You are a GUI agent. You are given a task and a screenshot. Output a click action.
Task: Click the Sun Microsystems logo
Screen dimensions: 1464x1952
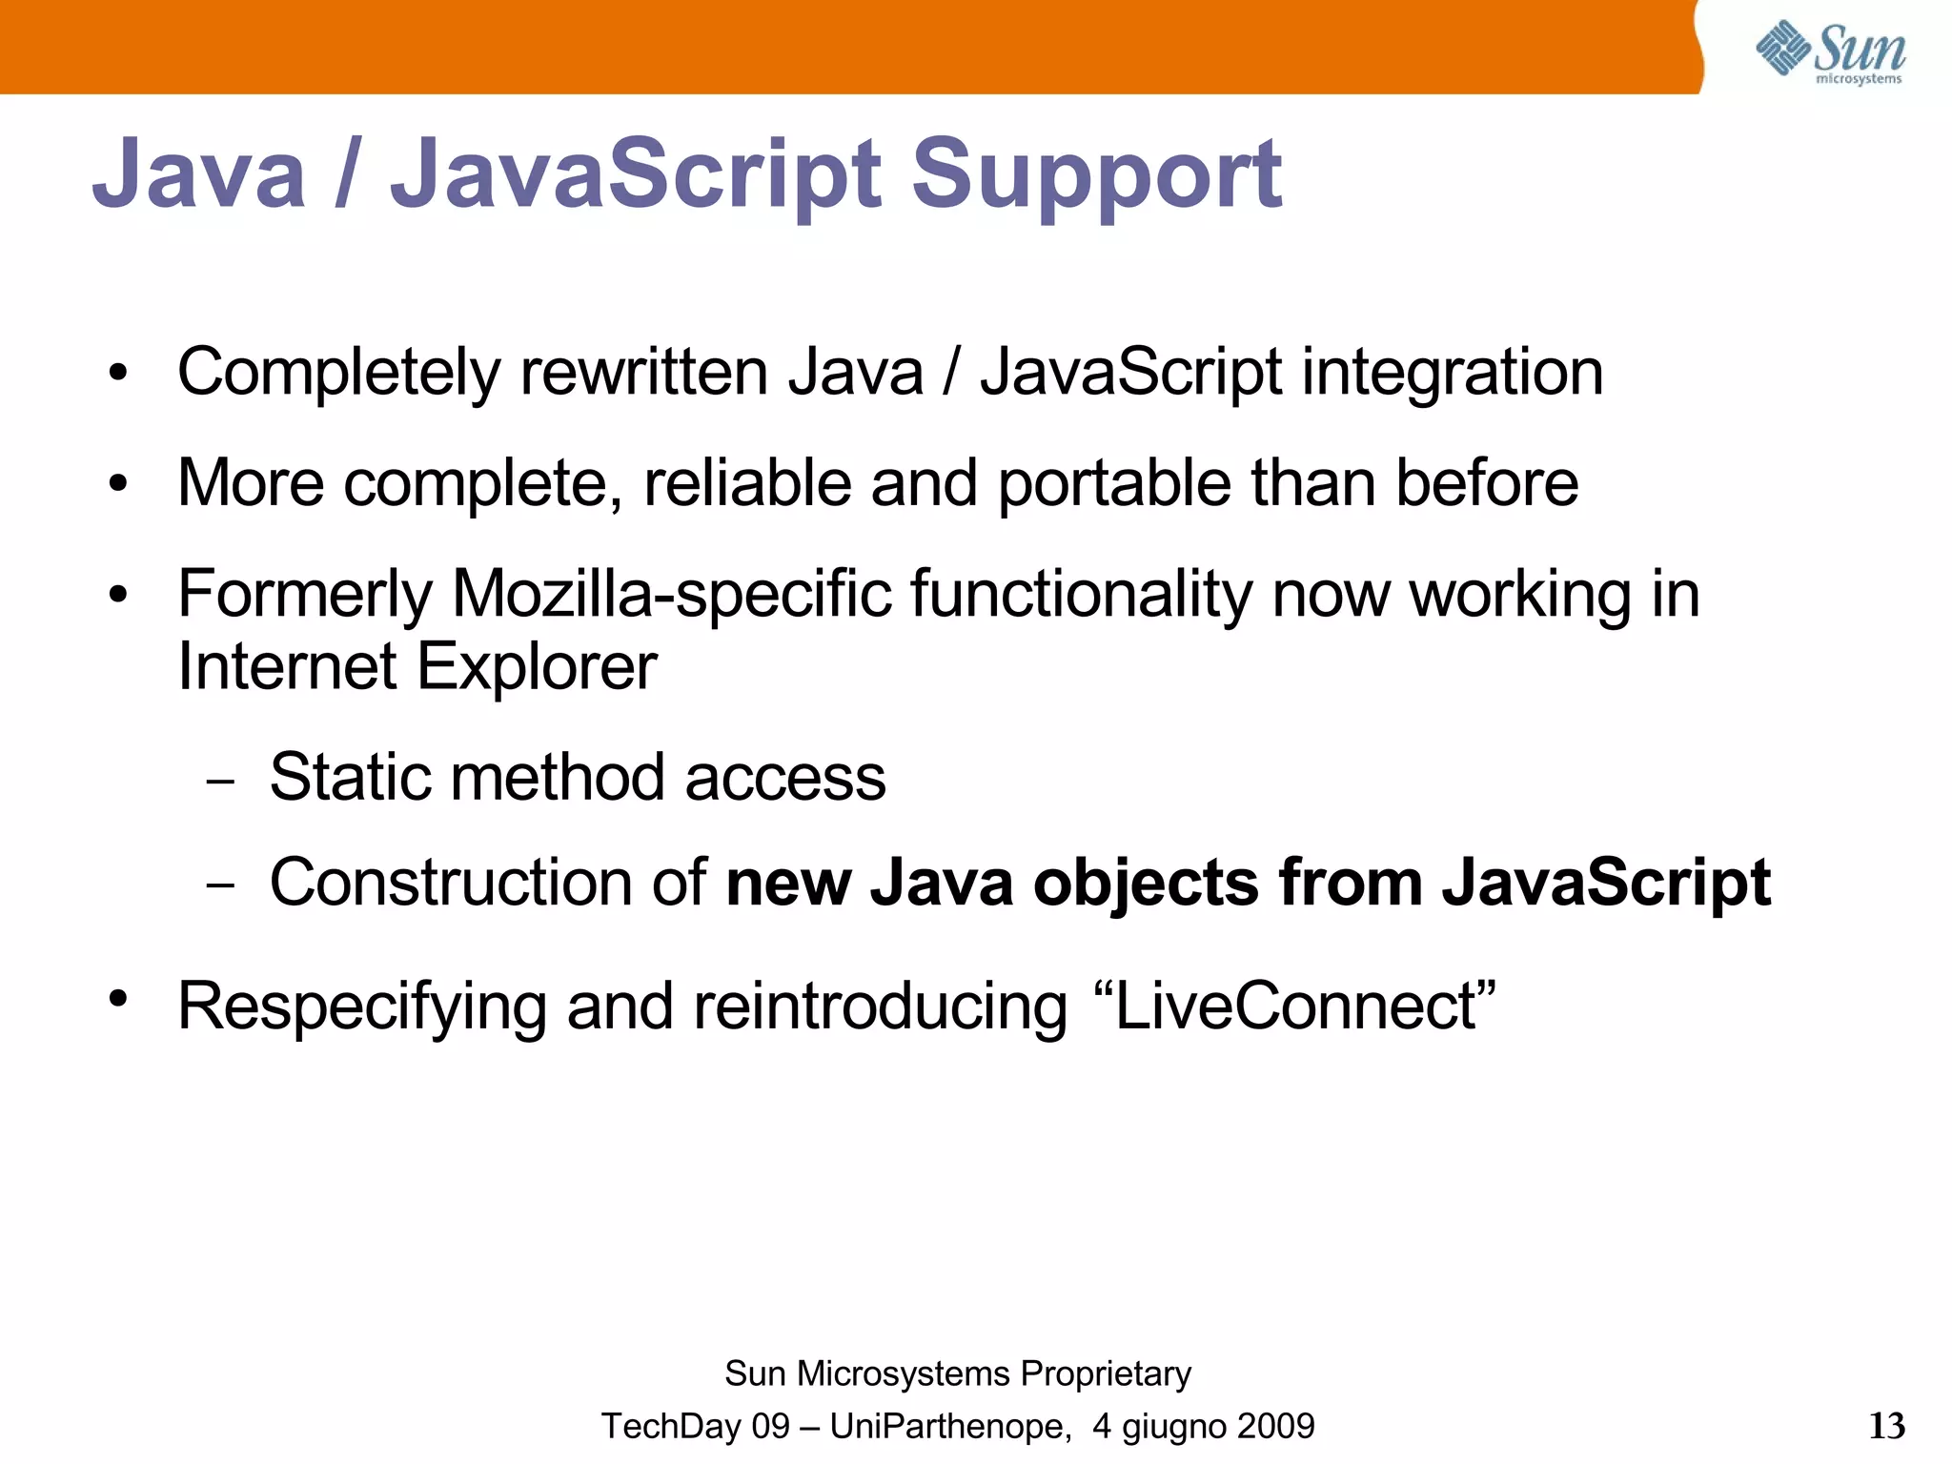click(1830, 52)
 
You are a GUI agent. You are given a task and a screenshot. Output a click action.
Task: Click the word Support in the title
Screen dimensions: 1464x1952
click(1096, 176)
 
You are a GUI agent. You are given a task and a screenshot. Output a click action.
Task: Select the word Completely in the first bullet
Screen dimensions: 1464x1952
click(338, 373)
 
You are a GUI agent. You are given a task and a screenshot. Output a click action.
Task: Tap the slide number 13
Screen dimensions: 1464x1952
click(1886, 1426)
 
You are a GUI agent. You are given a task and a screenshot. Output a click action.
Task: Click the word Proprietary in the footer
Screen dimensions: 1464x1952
click(1105, 1374)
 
